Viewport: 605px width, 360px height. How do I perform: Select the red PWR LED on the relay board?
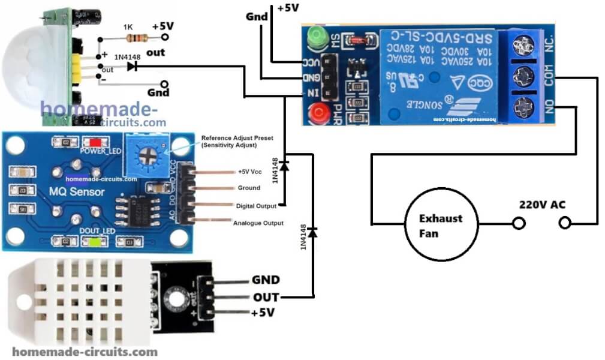[315, 112]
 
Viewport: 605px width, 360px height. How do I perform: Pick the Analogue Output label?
[257, 223]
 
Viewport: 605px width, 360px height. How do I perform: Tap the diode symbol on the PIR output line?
[131, 67]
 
